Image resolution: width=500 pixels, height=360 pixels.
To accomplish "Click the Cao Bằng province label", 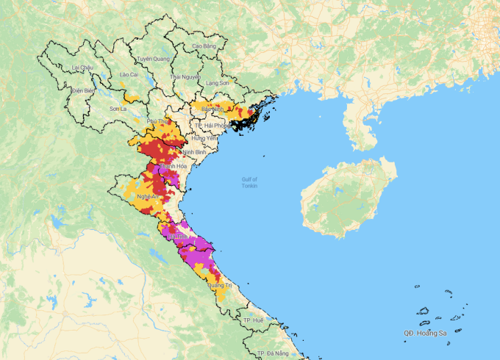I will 204,46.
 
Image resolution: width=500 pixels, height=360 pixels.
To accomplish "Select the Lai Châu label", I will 82,68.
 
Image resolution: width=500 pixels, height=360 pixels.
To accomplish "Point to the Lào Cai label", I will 129,74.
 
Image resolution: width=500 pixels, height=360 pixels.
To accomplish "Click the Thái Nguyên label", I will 185,76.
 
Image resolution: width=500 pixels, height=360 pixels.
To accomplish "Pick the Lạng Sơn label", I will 218,84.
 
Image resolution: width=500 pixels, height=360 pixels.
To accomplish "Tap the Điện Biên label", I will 84,90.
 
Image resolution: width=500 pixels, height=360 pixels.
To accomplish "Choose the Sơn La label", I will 118,109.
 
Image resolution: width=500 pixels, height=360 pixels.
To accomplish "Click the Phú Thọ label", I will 158,120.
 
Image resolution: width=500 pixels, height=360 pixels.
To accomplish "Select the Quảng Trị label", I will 219,285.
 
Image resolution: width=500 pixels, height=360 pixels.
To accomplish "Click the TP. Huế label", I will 253,321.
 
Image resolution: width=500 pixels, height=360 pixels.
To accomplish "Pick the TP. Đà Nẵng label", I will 271,354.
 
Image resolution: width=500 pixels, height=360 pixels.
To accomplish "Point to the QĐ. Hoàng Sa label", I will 424,334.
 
